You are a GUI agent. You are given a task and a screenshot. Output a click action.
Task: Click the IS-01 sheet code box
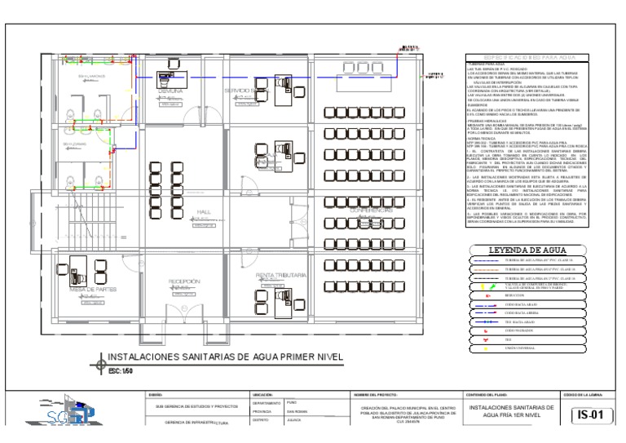[x=590, y=414]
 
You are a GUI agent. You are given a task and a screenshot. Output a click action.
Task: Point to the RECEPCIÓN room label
[x=185, y=281]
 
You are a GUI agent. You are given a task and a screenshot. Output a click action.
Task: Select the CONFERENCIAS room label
[x=371, y=210]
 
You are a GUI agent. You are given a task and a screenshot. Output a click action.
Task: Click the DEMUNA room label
[x=172, y=91]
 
